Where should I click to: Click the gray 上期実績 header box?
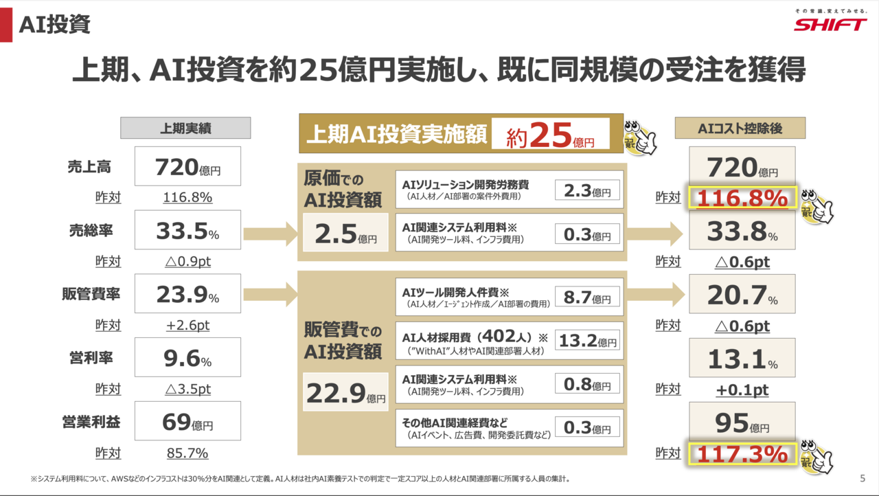pos(185,128)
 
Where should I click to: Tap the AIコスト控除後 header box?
pos(740,128)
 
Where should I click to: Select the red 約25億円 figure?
pos(551,135)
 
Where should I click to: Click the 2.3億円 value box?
pos(587,190)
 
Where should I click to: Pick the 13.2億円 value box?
pos(587,340)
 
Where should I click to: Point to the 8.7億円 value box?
pos(587,297)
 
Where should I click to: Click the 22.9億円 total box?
pos(345,392)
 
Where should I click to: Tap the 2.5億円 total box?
pos(345,233)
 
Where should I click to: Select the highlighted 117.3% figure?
pos(742,454)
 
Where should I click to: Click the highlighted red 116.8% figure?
pos(742,198)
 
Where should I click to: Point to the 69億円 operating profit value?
pos(187,421)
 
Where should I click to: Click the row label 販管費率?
pos(91,294)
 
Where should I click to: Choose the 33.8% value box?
pos(742,231)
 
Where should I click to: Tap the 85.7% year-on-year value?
pos(187,453)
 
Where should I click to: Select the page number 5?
pos(863,478)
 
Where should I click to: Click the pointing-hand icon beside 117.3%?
pos(818,458)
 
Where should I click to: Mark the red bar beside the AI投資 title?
pos(6,25)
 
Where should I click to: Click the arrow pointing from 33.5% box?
pos(271,234)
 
